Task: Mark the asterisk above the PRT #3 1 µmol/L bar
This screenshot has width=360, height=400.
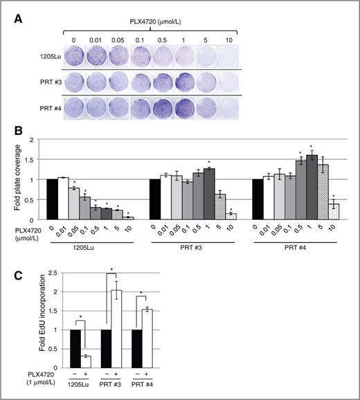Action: [x=210, y=163]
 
